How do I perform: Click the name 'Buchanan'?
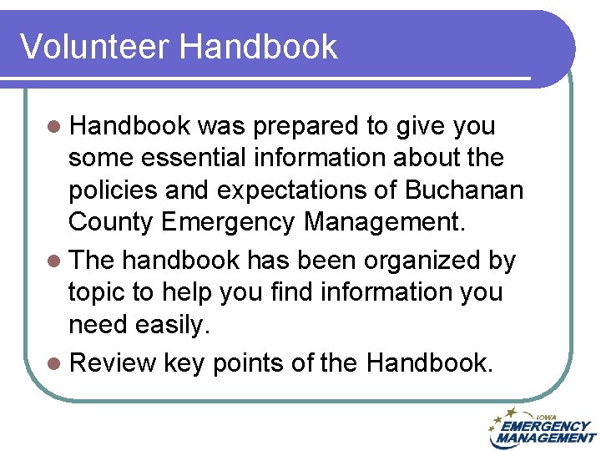point(464,190)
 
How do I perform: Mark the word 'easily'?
point(174,326)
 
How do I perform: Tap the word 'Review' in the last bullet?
point(114,363)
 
